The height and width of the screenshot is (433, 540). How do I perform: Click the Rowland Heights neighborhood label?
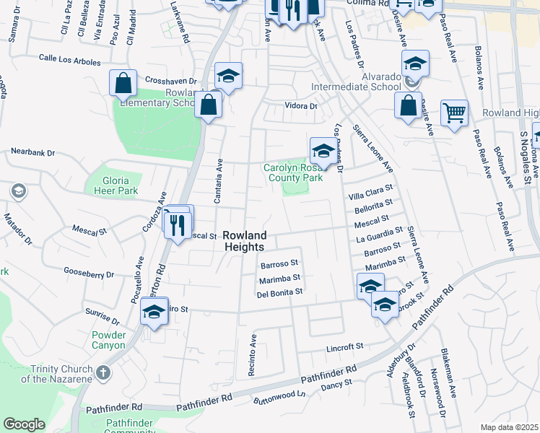(245, 241)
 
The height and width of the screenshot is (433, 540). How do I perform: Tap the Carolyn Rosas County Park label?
(292, 172)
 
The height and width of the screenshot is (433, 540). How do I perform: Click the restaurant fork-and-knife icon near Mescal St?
(176, 225)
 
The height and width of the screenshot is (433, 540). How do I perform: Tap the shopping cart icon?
(454, 113)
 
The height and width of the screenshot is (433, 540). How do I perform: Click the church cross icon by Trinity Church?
(103, 372)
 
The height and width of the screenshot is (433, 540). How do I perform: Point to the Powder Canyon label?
(109, 340)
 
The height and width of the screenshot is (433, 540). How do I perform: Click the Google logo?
(24, 424)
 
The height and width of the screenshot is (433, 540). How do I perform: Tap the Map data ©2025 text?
(509, 427)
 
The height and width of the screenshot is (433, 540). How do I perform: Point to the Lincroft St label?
(344, 346)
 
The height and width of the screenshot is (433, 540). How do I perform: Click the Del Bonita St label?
(279, 293)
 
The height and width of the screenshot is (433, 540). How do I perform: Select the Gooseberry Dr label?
(89, 274)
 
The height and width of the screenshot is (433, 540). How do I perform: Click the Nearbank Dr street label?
(35, 152)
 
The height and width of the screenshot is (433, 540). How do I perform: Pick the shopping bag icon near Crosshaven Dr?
(123, 83)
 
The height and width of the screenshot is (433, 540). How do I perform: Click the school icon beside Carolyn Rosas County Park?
(323, 152)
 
